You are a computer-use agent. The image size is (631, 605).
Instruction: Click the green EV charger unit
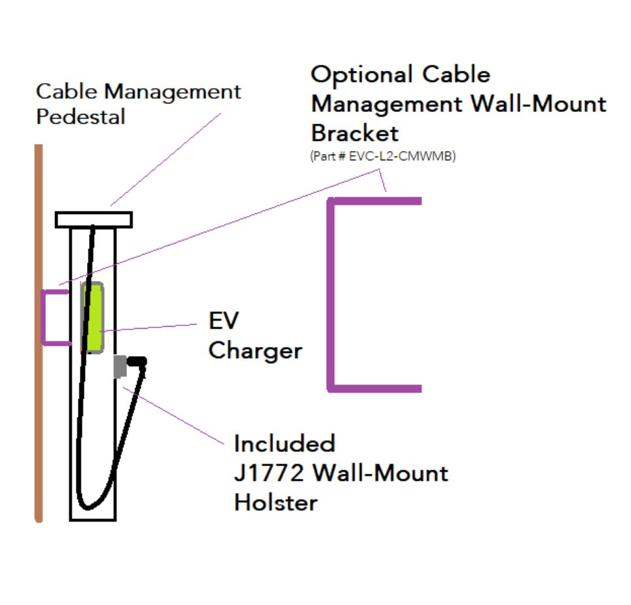[x=93, y=318]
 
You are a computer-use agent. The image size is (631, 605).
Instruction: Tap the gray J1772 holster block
[x=119, y=366]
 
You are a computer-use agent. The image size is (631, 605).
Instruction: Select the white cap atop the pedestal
[x=94, y=219]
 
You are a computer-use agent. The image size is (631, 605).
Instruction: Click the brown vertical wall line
[x=39, y=393]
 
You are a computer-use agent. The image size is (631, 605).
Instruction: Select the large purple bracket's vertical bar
[x=332, y=295]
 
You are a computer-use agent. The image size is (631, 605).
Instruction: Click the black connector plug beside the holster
[x=137, y=361]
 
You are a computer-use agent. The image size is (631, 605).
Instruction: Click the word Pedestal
[x=81, y=117]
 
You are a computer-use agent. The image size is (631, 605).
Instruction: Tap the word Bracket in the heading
[x=354, y=134]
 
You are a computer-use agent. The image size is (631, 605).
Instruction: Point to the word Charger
[x=255, y=351]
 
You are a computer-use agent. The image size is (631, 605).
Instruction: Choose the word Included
[x=285, y=443]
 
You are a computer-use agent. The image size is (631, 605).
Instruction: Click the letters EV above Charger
[x=224, y=321]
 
